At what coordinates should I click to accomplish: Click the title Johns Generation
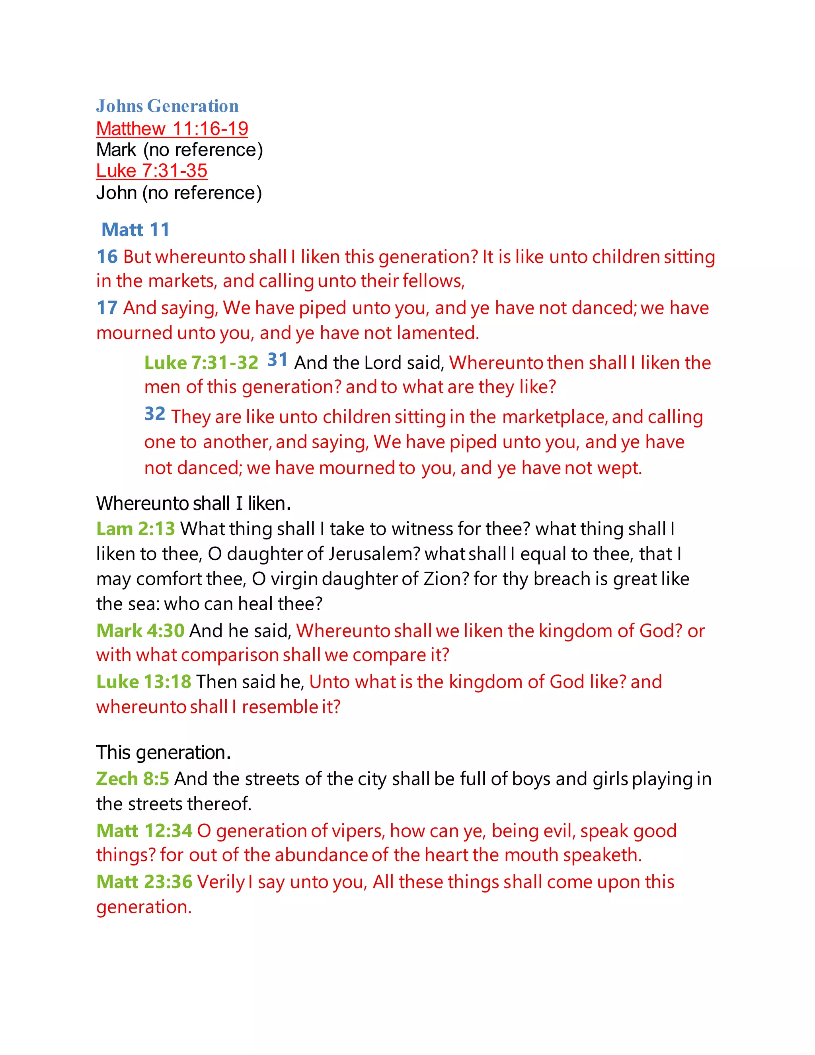167,106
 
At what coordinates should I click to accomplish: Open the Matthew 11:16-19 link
172,129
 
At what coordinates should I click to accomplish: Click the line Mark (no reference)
179,150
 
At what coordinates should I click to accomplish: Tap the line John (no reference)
179,193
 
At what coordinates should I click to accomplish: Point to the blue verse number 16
107,256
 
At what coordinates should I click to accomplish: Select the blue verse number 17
107,308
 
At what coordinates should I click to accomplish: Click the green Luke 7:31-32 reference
201,363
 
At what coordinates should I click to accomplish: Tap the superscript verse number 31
277,359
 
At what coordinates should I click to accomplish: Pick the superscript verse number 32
154,414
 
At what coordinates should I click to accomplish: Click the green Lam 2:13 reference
135,529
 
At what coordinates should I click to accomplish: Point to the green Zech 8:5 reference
132,779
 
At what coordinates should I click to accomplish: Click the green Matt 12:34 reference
144,831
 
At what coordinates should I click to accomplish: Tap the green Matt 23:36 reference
144,882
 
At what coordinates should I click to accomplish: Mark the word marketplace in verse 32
554,417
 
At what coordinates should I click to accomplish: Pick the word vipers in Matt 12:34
357,831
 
